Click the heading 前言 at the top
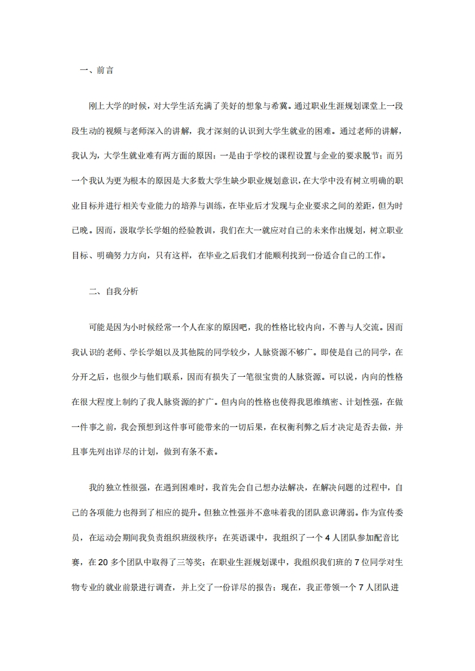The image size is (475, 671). [x=105, y=70]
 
